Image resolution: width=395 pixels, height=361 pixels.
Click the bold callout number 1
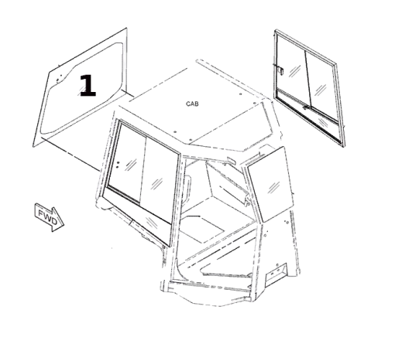[x=88, y=86]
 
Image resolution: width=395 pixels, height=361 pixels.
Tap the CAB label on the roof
[x=192, y=104]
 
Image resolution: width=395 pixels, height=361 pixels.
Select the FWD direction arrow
[x=49, y=217]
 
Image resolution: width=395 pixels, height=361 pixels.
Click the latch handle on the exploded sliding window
[x=280, y=70]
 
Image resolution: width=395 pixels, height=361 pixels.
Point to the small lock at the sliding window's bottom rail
[x=306, y=107]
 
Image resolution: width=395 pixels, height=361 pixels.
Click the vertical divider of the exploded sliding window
[x=308, y=80]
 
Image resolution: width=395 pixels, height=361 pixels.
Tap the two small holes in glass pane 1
[x=59, y=78]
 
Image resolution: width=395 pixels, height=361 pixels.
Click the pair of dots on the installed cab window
[x=118, y=165]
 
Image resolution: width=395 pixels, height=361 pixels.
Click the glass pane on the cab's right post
[x=270, y=185]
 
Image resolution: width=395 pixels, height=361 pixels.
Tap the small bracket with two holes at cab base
[x=276, y=272]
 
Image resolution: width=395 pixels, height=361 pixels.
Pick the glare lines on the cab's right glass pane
[x=273, y=187]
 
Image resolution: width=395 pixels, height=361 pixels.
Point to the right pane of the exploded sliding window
[x=322, y=87]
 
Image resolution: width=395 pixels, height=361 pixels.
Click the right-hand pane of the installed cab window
[x=160, y=179]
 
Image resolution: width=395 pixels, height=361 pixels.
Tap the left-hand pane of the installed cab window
[x=126, y=162]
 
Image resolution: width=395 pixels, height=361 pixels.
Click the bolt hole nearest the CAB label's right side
[x=241, y=94]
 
